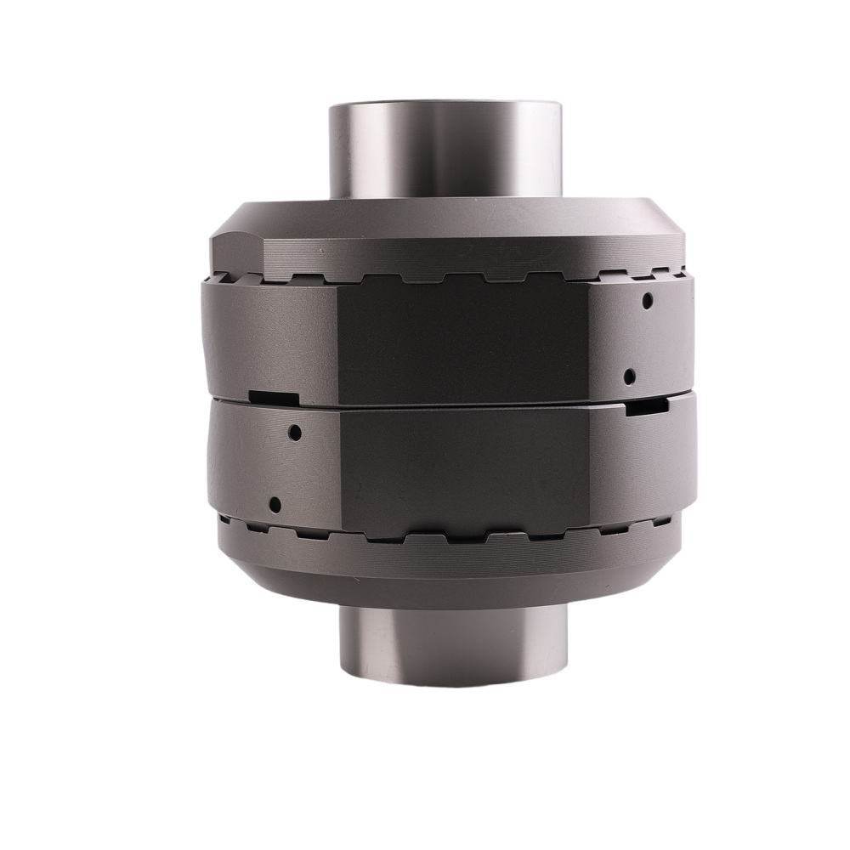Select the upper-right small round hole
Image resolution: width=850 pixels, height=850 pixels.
point(648,300)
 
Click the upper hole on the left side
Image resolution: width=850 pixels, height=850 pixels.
point(294,432)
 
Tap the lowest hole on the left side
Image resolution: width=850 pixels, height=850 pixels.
point(275,503)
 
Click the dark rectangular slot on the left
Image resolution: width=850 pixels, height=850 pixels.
point(275,396)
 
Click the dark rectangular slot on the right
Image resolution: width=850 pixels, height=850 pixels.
point(646,409)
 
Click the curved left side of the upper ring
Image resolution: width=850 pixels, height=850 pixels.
point(255,340)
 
